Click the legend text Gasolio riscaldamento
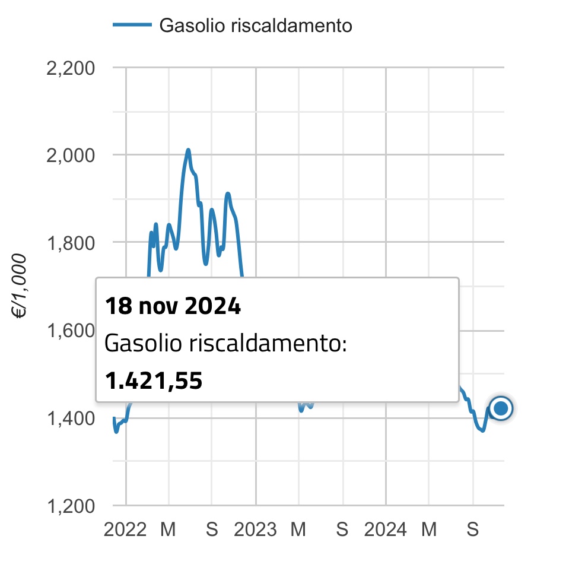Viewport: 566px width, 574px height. (256, 26)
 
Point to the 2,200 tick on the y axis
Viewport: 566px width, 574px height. (70, 68)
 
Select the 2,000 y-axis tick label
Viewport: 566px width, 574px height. (70, 156)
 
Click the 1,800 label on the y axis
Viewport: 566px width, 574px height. (70, 243)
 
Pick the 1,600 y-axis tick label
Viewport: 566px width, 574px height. (70, 331)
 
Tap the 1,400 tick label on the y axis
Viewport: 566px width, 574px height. (70, 418)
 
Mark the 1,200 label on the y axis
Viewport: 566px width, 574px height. (70, 506)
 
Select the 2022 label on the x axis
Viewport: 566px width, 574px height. (125, 529)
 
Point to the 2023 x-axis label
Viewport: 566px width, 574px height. (255, 529)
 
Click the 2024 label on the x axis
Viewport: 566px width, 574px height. (385, 529)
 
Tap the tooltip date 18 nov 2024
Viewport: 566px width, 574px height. (173, 307)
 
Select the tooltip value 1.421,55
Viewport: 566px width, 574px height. (154, 381)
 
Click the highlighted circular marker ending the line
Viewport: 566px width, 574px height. (501, 408)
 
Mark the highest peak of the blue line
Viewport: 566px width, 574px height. (188, 150)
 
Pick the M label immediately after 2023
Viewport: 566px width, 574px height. (298, 529)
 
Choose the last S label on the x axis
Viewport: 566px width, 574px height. (472, 529)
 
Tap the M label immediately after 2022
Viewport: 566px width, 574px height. (168, 529)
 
